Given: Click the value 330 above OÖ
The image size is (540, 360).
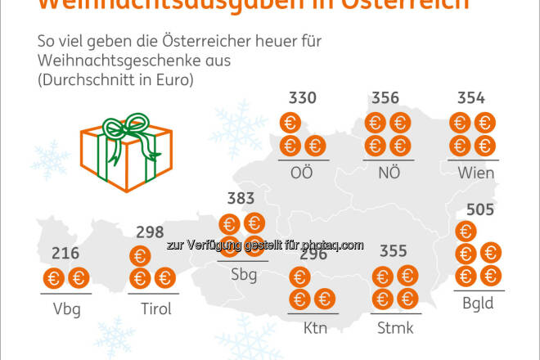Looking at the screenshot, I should pos(303,99).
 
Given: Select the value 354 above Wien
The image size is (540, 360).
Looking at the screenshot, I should pos(470,99).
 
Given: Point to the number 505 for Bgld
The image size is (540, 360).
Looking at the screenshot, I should pos(479,211).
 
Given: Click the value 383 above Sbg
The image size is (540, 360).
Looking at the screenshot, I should pos(241,198).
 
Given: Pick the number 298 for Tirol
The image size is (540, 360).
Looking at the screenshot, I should pos(150,233).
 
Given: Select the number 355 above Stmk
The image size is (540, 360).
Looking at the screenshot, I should pos(394,251).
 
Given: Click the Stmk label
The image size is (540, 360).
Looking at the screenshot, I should pos(394,328).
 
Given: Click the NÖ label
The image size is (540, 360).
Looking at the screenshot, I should pos(386,173).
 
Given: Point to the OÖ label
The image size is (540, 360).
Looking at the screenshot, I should pos(303,173).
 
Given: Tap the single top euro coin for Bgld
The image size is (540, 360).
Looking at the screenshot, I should pos(466,232).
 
